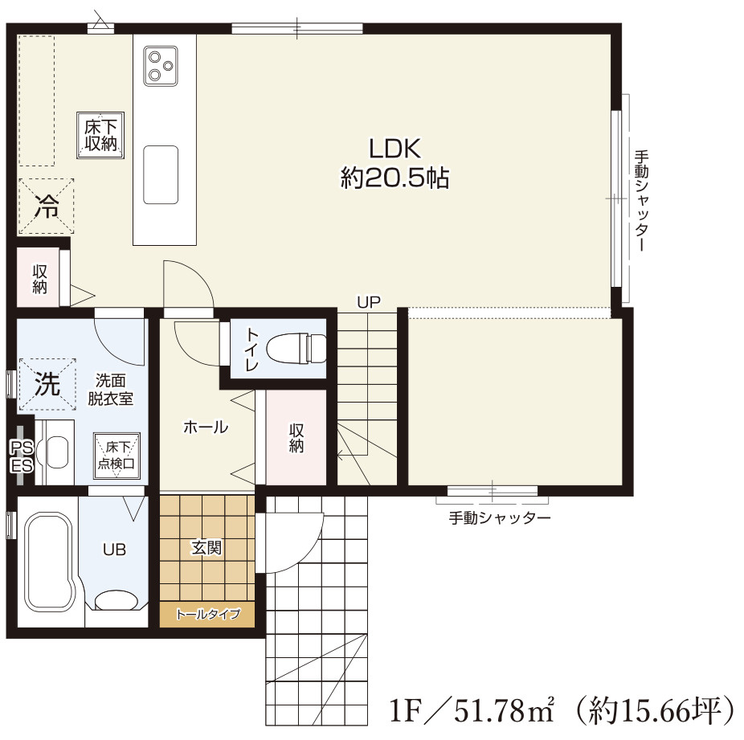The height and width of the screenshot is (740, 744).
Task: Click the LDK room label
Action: tap(394, 149)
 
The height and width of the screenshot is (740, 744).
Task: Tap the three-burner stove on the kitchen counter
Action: tap(161, 66)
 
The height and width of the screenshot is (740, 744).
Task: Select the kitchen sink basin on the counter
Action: tap(161, 174)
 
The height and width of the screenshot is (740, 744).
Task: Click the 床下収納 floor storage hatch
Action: tap(100, 135)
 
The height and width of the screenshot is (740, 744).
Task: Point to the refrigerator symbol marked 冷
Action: tap(46, 206)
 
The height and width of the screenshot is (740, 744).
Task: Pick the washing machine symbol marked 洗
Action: tap(47, 384)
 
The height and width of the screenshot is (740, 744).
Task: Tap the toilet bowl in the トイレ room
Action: tap(296, 350)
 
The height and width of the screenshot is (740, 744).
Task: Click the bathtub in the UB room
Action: tap(50, 561)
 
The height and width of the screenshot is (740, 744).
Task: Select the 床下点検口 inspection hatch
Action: tap(117, 456)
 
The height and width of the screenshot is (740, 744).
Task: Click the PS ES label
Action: tap(22, 457)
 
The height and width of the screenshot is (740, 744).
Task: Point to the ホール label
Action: tap(206, 427)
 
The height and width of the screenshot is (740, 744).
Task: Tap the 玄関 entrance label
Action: tap(206, 548)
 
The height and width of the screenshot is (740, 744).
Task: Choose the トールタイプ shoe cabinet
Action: tap(207, 615)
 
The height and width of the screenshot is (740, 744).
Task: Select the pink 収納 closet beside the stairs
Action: tap(296, 437)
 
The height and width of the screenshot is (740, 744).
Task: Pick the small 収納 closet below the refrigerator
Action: tap(39, 278)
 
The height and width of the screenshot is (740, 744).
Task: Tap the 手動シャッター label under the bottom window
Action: tap(500, 517)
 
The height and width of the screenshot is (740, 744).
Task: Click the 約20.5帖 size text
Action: tap(394, 178)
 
